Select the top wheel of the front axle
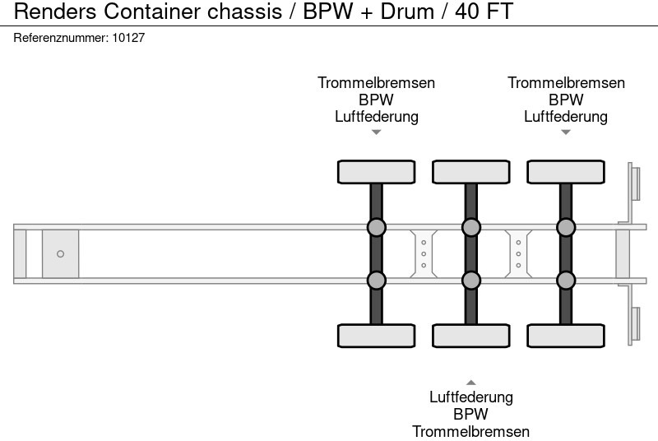click(x=376, y=172)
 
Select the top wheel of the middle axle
click(x=470, y=172)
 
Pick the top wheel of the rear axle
click(x=565, y=172)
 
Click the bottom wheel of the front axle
click(x=376, y=336)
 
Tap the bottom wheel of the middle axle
click(x=470, y=336)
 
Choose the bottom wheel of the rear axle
click(x=565, y=336)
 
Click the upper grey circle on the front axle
click(x=376, y=227)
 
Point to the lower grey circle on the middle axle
click(x=470, y=281)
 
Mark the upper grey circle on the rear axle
click(x=565, y=227)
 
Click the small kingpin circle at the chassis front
click(x=60, y=254)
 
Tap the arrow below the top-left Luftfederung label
click(x=376, y=132)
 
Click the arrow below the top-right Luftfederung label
click(x=565, y=132)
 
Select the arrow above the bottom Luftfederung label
click(x=470, y=382)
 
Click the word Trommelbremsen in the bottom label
click(x=470, y=431)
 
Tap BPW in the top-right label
click(x=566, y=100)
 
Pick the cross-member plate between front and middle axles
click(x=423, y=253)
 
